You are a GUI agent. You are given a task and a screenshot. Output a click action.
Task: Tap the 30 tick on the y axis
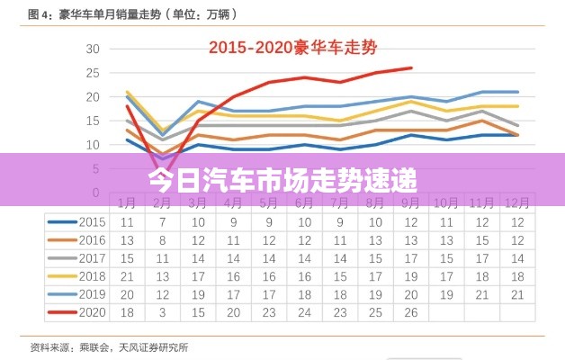pos(92,49)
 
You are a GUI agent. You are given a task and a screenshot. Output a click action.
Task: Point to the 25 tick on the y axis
pos(92,73)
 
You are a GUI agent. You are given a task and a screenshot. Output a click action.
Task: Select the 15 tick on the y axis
pos(92,121)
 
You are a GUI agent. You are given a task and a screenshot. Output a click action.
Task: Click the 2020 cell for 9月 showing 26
pos(411,312)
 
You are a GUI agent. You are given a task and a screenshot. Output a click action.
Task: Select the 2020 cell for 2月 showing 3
pos(163,312)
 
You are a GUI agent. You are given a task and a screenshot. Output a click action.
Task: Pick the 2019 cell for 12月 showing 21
pos(516,294)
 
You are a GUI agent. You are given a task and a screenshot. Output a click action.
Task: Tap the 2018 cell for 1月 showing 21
pos(127,275)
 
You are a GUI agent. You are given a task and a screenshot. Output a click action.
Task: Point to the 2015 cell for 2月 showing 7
pos(163,221)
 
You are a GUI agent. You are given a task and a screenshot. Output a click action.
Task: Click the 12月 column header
pos(516,203)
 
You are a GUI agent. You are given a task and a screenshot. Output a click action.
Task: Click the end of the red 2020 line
pos(412,67)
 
